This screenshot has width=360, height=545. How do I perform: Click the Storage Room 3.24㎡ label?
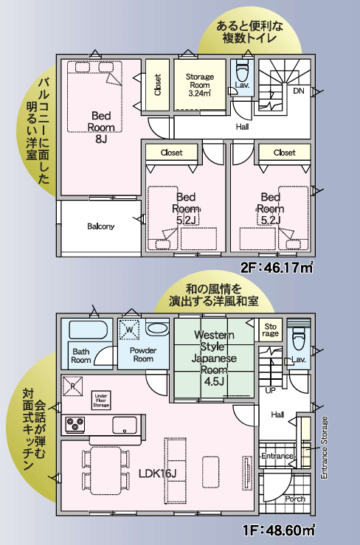(x=200, y=85)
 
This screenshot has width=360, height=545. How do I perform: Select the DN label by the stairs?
(x=299, y=91)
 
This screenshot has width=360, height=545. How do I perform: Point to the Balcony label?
(x=101, y=226)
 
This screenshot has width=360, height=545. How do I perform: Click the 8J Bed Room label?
(x=101, y=127)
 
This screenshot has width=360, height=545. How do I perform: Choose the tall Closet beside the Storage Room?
(x=158, y=85)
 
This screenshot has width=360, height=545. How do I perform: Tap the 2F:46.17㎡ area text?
(x=277, y=268)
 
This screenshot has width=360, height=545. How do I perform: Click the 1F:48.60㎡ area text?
(x=279, y=530)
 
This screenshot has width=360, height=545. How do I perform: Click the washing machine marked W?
(x=129, y=330)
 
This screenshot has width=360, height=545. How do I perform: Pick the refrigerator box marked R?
(x=73, y=386)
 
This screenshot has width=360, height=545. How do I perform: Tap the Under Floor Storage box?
(x=101, y=400)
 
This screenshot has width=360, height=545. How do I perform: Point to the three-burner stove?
(x=75, y=425)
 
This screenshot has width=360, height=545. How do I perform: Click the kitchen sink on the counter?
(x=125, y=425)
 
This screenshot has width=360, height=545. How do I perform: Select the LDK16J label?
(x=158, y=473)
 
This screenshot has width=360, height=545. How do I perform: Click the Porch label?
(x=295, y=499)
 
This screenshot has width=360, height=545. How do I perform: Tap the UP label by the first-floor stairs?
(x=270, y=390)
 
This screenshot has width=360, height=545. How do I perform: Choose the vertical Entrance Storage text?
(x=324, y=448)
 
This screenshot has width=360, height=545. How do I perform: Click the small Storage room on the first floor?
(x=270, y=330)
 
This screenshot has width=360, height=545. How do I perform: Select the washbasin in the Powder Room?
(x=157, y=328)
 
